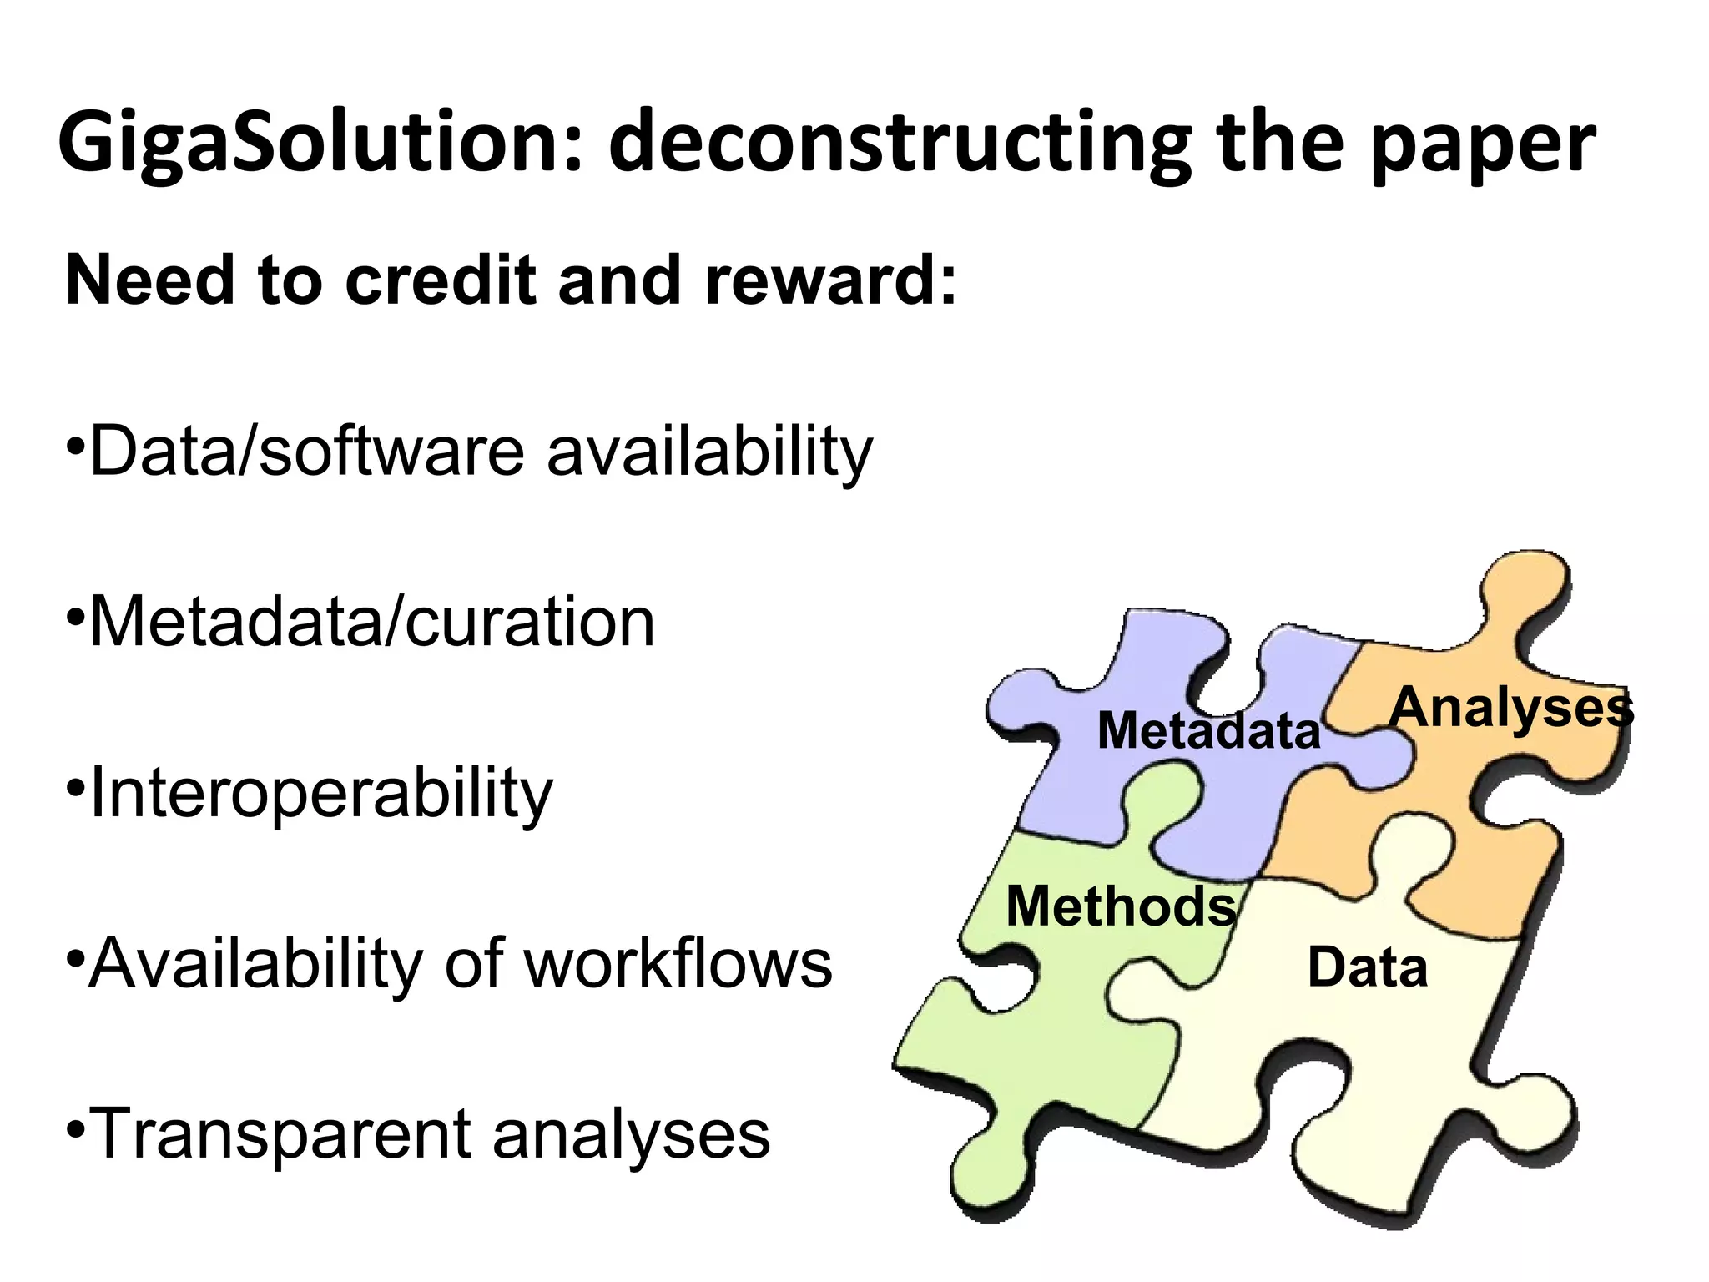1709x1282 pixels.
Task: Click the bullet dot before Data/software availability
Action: tap(75, 441)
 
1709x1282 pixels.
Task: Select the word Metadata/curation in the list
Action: tap(371, 622)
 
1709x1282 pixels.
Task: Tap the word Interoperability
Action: tap(320, 793)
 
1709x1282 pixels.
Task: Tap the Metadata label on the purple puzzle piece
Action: tap(1208, 730)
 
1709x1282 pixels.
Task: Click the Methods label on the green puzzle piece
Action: tap(1120, 906)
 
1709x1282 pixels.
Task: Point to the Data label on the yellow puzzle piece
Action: tap(1367, 968)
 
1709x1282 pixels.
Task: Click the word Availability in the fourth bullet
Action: tap(255, 964)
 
